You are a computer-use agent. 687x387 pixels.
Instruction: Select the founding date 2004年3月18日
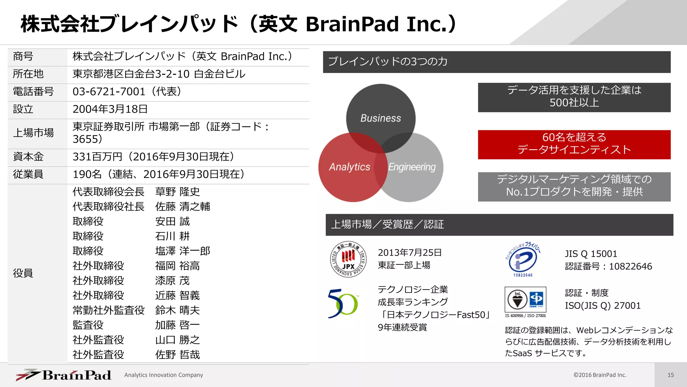pos(110,109)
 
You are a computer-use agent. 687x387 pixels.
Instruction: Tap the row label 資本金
pos(28,157)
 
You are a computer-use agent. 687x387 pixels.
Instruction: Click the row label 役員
pos(23,273)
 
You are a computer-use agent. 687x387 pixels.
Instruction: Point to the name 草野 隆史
pos(177,192)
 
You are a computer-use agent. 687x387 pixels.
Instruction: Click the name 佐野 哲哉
pos(177,355)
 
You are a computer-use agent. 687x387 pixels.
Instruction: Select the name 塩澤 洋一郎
pos(182,251)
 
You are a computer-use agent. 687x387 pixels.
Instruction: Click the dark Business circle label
pos(380,118)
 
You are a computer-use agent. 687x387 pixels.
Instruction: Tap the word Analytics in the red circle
pos(349,167)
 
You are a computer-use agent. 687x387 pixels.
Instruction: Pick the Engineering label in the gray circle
pos(412,167)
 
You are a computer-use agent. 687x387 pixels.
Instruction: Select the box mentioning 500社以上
pos(574,97)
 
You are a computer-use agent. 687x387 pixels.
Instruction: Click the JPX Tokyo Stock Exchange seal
pos(348,259)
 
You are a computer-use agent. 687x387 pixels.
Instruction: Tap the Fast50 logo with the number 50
pos(343,304)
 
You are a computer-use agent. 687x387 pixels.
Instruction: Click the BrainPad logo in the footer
pos(64,375)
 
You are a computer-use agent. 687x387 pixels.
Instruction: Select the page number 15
pos(670,375)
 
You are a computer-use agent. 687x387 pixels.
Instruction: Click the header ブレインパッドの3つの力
pos(387,61)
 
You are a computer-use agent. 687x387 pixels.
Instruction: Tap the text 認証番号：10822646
pos(608,266)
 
